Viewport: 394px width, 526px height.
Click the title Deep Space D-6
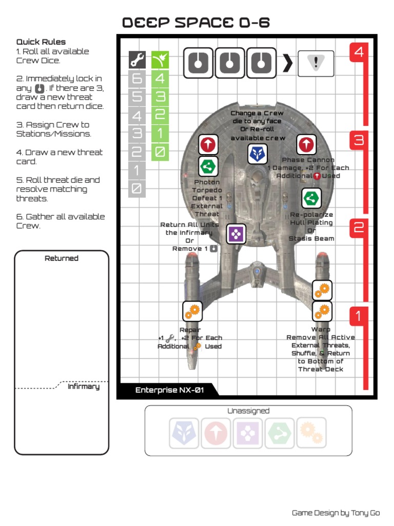click(x=196, y=23)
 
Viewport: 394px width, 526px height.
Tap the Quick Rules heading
click(x=41, y=42)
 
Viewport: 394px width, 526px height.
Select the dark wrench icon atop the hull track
click(x=136, y=61)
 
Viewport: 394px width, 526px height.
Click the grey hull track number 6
click(x=136, y=79)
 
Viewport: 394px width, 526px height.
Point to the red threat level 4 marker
click(x=359, y=52)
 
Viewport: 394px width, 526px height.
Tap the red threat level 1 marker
click(x=359, y=316)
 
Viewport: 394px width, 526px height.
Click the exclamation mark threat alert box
click(x=316, y=63)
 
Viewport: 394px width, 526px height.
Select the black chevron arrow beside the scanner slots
click(x=288, y=63)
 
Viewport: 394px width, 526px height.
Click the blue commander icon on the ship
click(x=257, y=154)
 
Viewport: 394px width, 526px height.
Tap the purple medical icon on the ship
click(x=236, y=234)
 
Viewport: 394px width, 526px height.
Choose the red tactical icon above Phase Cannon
click(x=306, y=145)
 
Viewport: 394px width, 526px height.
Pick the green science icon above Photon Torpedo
click(x=208, y=166)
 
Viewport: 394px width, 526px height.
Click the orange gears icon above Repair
click(x=192, y=311)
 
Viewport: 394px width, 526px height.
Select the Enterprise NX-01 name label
click(x=169, y=390)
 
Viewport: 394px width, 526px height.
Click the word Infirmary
click(x=84, y=386)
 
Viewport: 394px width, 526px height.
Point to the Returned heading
click(x=62, y=258)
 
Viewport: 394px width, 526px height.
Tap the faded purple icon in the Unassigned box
click(x=248, y=433)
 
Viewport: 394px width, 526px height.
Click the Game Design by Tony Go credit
click(x=336, y=513)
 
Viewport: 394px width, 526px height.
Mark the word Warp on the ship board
click(x=321, y=329)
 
